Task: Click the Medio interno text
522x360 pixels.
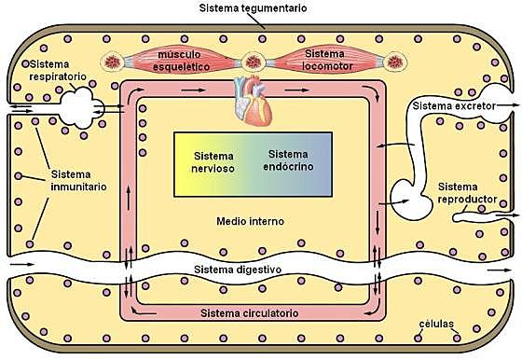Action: [x=249, y=222]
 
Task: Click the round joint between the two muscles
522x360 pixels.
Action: [x=252, y=62]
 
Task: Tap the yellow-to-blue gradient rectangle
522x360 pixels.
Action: [x=253, y=163]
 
